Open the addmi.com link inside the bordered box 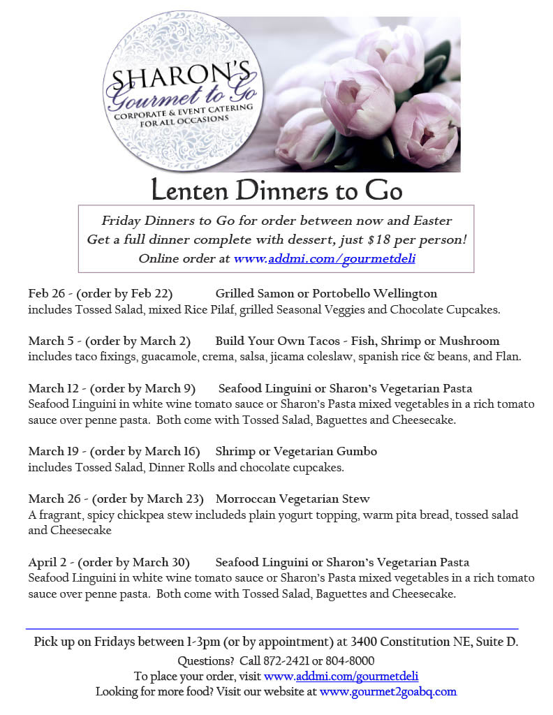(x=326, y=258)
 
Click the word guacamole (x=193, y=357)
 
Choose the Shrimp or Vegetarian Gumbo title (x=296, y=451)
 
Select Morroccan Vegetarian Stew (x=293, y=499)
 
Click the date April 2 (x=50, y=562)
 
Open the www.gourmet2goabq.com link (x=388, y=692)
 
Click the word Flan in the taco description (x=508, y=357)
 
